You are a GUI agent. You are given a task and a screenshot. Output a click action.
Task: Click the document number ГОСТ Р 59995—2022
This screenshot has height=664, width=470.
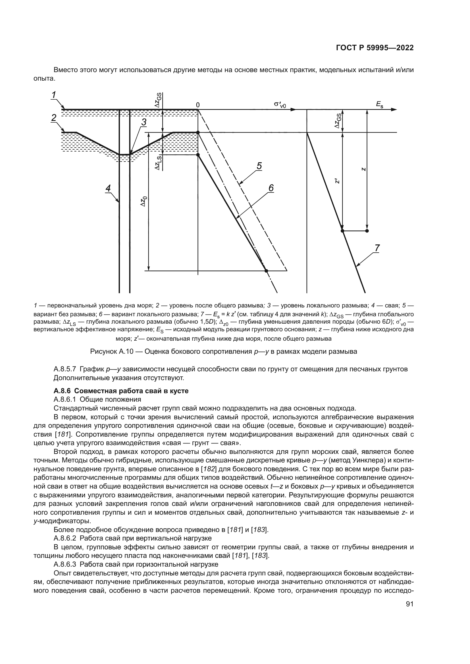pos(375,48)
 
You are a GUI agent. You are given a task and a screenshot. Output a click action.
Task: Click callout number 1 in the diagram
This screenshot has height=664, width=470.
pos(54,95)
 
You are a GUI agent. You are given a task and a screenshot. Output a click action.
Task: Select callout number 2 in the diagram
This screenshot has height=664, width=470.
pos(54,118)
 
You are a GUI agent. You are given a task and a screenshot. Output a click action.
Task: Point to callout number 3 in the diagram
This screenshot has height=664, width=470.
pos(144,122)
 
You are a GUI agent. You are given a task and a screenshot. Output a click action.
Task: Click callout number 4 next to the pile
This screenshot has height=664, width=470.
pos(108,188)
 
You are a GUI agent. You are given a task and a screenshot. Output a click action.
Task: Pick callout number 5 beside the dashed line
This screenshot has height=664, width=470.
pos(259,166)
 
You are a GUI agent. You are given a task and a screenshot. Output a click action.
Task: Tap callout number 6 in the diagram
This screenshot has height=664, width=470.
pos(271,188)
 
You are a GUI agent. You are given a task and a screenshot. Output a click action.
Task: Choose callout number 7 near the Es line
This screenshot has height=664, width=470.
pos(377,248)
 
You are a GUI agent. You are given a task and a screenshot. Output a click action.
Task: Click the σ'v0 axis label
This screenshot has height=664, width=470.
pos(280,105)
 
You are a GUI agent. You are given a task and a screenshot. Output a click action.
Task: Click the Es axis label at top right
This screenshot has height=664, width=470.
pos(379,105)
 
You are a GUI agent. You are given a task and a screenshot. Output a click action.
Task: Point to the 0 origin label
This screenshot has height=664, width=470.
pos(198,105)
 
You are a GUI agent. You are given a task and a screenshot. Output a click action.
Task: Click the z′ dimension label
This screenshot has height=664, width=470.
pos(336,181)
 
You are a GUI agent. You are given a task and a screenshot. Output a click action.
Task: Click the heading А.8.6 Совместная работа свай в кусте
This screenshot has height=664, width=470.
pos(121,391)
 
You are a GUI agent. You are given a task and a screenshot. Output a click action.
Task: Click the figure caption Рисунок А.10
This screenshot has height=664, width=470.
pos(223,351)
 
